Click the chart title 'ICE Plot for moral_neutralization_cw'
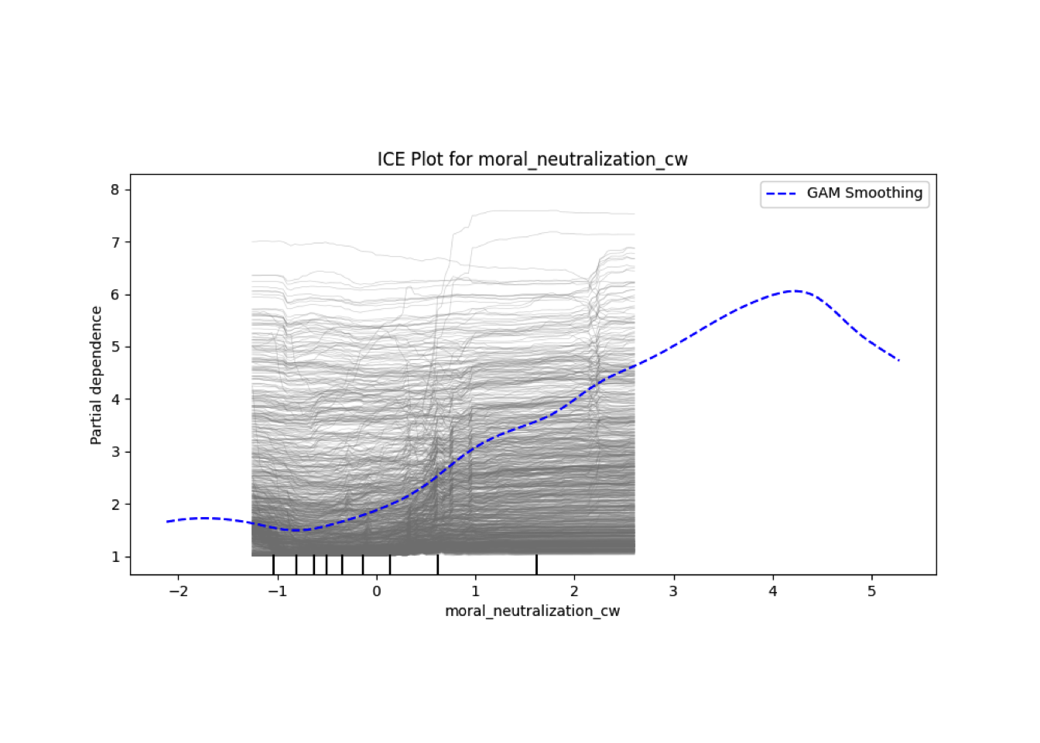pyautogui.click(x=532, y=159)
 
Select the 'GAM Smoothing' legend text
pyautogui.click(x=864, y=193)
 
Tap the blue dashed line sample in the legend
pyautogui.click(x=781, y=193)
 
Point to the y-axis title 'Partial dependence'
pyautogui.click(x=96, y=375)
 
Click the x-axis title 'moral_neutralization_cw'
pyautogui.click(x=532, y=611)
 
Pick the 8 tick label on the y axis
pyautogui.click(x=115, y=190)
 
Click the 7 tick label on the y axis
pyautogui.click(x=115, y=242)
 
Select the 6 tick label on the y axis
pyautogui.click(x=115, y=295)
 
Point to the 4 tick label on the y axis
pyautogui.click(x=115, y=399)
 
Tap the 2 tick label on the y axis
pyautogui.click(x=115, y=505)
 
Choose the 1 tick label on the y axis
pyautogui.click(x=115, y=557)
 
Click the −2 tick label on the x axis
pyautogui.click(x=178, y=591)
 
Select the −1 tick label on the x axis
pyautogui.click(x=277, y=591)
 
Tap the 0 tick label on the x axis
pyautogui.click(x=377, y=591)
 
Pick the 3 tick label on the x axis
pyautogui.click(x=673, y=591)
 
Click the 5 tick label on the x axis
pyautogui.click(x=872, y=591)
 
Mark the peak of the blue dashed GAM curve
pyautogui.click(x=794, y=291)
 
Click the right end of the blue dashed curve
pyautogui.click(x=899, y=361)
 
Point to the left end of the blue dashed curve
pyautogui.click(x=166, y=522)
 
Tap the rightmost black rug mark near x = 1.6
pyautogui.click(x=536, y=565)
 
